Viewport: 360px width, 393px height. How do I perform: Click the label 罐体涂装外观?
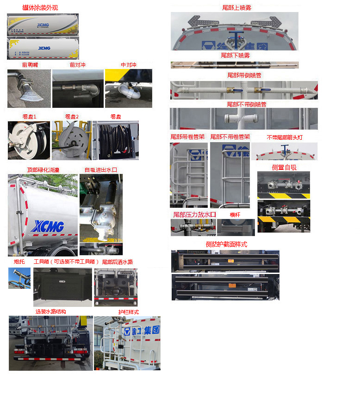[40, 8]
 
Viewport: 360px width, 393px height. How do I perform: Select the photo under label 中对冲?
[128, 88]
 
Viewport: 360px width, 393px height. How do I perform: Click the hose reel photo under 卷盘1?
[29, 140]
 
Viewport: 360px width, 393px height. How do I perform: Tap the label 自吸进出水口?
[100, 170]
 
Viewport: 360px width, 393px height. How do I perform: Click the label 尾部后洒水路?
[118, 262]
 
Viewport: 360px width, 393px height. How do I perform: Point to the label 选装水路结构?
[50, 312]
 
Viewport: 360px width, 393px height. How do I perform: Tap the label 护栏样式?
[128, 312]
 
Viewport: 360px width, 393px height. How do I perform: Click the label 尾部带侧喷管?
[244, 75]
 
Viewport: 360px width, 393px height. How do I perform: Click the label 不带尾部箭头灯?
[285, 137]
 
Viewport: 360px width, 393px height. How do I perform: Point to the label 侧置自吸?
[284, 167]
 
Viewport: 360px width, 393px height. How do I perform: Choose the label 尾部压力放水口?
[194, 214]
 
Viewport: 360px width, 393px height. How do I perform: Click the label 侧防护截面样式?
[226, 244]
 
